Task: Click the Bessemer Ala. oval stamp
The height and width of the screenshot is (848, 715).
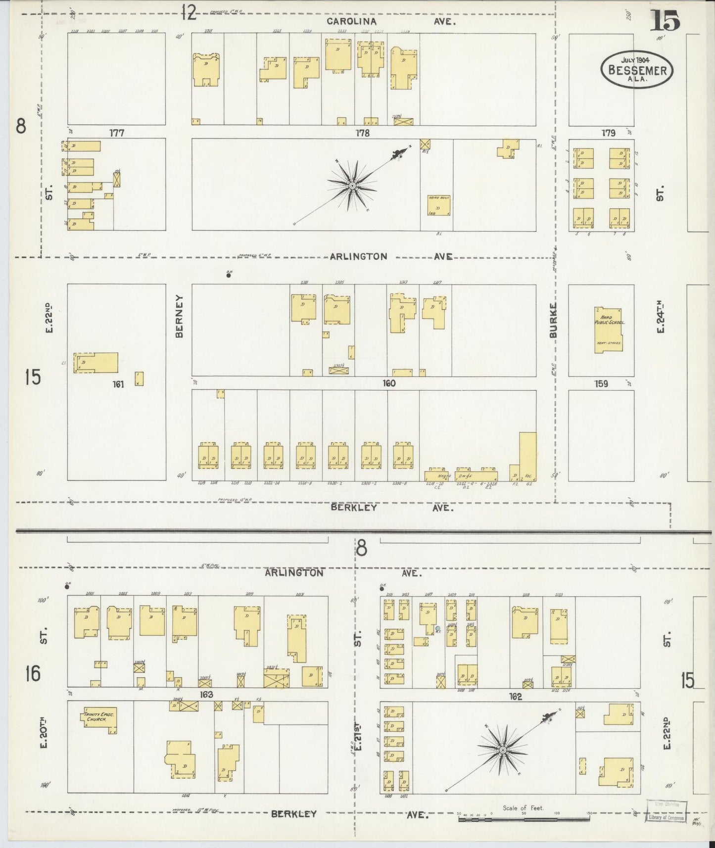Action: click(x=637, y=70)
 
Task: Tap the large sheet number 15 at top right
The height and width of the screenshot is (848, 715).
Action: click(x=665, y=20)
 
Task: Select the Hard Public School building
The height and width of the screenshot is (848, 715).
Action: click(x=609, y=330)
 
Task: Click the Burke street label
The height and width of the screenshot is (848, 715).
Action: click(x=553, y=321)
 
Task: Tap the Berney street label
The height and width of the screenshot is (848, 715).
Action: click(x=179, y=316)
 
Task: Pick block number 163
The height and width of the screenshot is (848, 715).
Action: click(x=206, y=695)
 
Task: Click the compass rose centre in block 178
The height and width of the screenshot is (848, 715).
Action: click(x=352, y=186)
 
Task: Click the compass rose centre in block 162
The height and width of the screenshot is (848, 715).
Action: click(x=503, y=751)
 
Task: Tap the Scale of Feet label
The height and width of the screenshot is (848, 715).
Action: click(x=523, y=808)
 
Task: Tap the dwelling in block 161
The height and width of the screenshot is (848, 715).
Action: click(x=96, y=362)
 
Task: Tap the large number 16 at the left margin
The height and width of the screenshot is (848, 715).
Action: click(x=33, y=673)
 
